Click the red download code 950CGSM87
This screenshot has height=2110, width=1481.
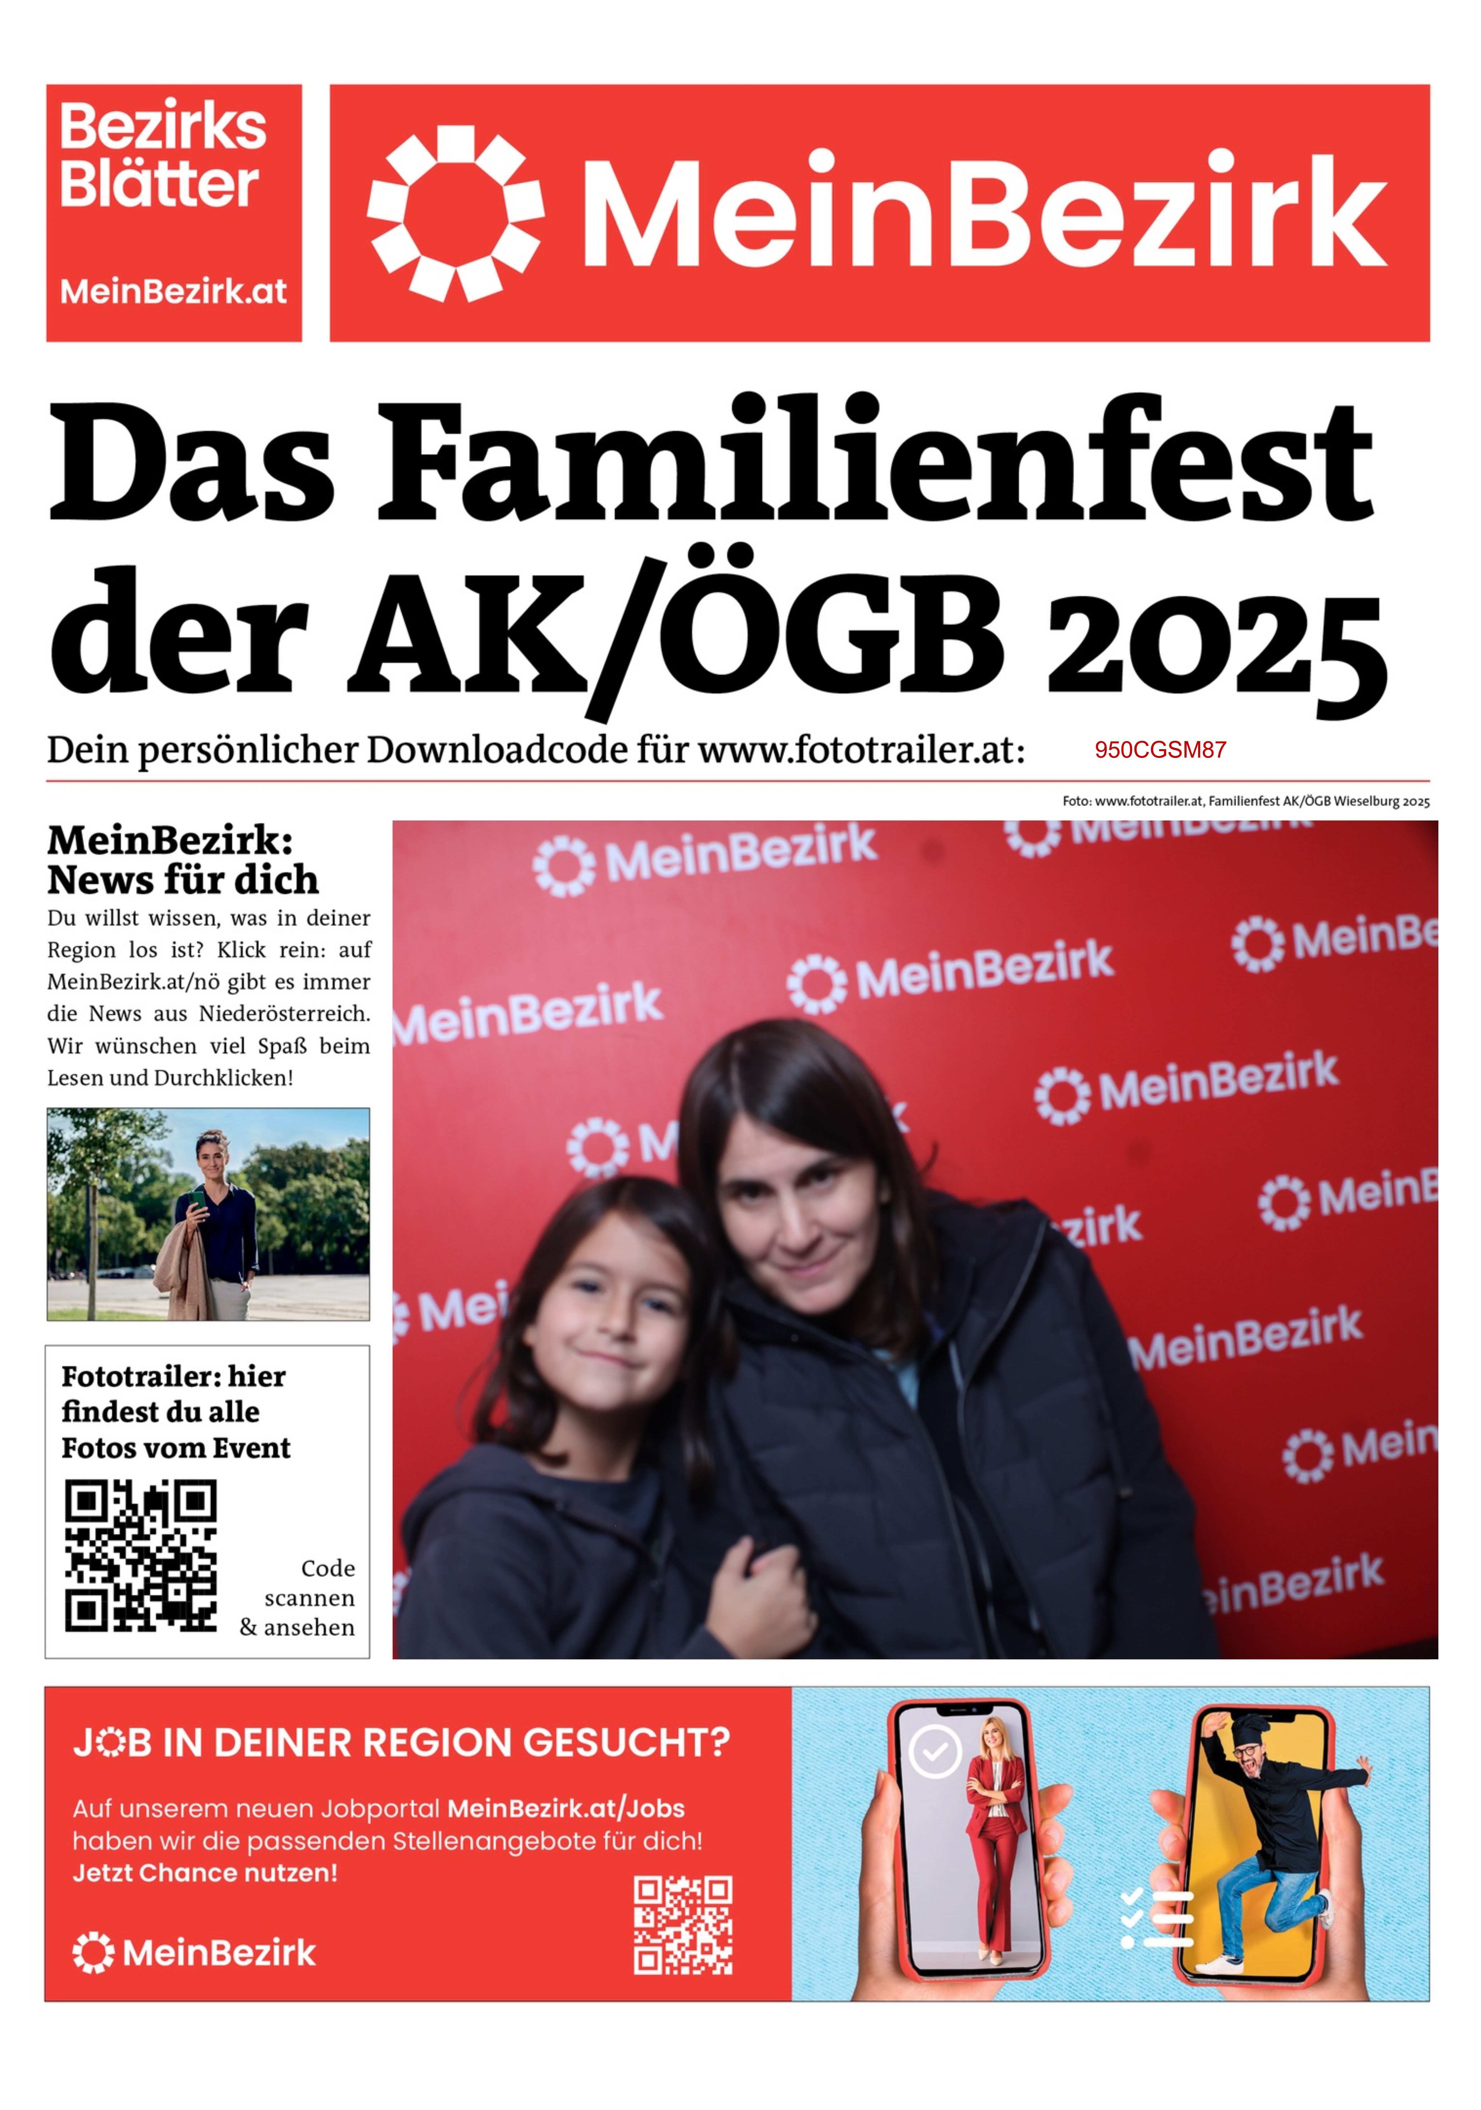point(1160,750)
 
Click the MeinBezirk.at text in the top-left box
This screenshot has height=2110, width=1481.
point(174,291)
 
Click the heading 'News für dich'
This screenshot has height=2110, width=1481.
point(183,880)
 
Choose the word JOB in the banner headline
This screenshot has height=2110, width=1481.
point(112,1742)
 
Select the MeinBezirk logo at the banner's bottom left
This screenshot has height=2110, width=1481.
point(194,1953)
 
